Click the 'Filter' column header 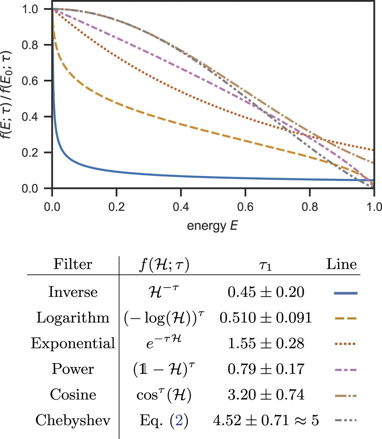click(73, 265)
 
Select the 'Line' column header click(341, 265)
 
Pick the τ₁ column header click(265, 266)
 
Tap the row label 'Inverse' click(73, 292)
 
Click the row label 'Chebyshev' click(73, 421)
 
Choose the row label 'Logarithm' click(73, 318)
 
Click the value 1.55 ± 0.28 click(265, 344)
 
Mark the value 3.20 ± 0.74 click(265, 395)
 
